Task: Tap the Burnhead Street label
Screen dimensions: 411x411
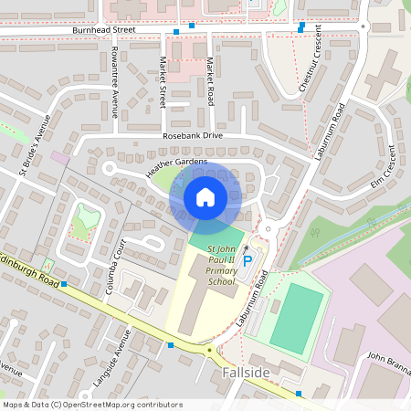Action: point(103,30)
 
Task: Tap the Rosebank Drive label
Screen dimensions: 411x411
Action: point(193,135)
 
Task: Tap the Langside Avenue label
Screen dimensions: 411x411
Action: point(120,351)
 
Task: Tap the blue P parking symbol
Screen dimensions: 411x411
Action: point(247,260)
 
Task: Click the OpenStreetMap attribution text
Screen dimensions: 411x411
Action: point(92,404)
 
